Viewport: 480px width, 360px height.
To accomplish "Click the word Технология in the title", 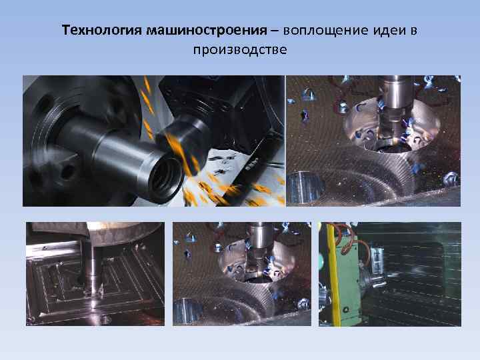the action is [x=102, y=31].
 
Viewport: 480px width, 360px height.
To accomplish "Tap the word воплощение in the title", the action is [x=325, y=31].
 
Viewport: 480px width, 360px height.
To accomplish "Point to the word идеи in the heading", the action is [x=389, y=31].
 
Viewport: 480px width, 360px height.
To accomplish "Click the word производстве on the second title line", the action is [x=240, y=50].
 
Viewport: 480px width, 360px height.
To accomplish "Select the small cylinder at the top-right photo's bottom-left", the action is [x=305, y=187].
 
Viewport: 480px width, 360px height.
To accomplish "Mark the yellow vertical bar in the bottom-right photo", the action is [x=334, y=274].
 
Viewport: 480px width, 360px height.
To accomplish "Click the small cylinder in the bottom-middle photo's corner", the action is [x=187, y=311].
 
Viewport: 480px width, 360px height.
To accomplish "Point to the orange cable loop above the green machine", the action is [x=349, y=239].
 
